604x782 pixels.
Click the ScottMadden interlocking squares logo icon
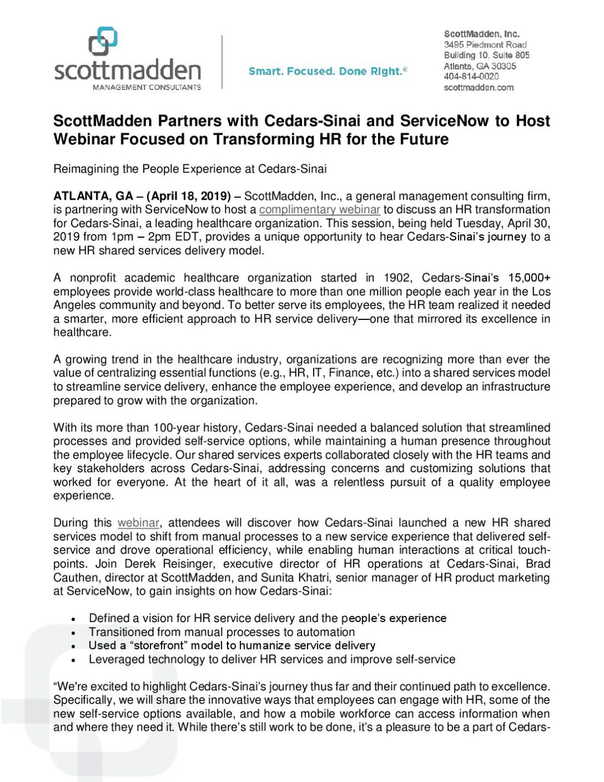click(103, 41)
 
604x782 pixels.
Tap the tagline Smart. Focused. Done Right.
click(328, 71)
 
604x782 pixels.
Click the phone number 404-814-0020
click(471, 77)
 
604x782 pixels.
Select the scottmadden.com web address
click(478, 87)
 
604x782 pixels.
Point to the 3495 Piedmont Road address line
click(485, 44)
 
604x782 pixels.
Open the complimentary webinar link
click(319, 210)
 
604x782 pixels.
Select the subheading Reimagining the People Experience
click(190, 169)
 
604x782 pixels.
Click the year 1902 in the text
click(397, 278)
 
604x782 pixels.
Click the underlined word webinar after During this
click(138, 523)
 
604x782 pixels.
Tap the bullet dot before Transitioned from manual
click(73, 633)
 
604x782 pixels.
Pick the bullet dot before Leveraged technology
click(73, 661)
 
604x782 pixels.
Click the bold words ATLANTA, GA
click(93, 196)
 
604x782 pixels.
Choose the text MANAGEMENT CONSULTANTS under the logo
click(147, 87)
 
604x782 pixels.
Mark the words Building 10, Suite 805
click(487, 55)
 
